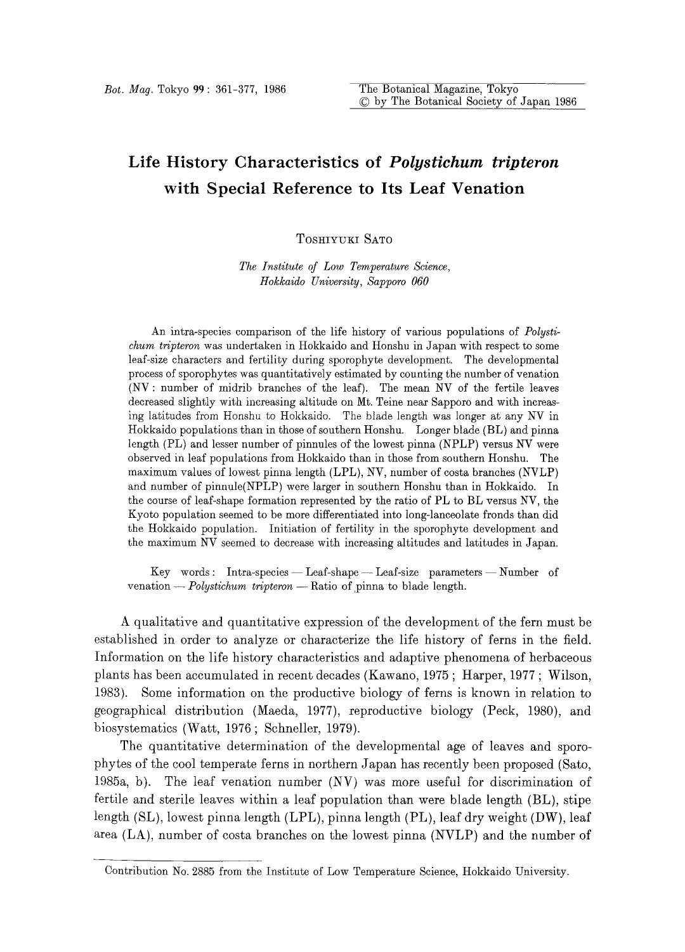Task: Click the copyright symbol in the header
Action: (x=364, y=102)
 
